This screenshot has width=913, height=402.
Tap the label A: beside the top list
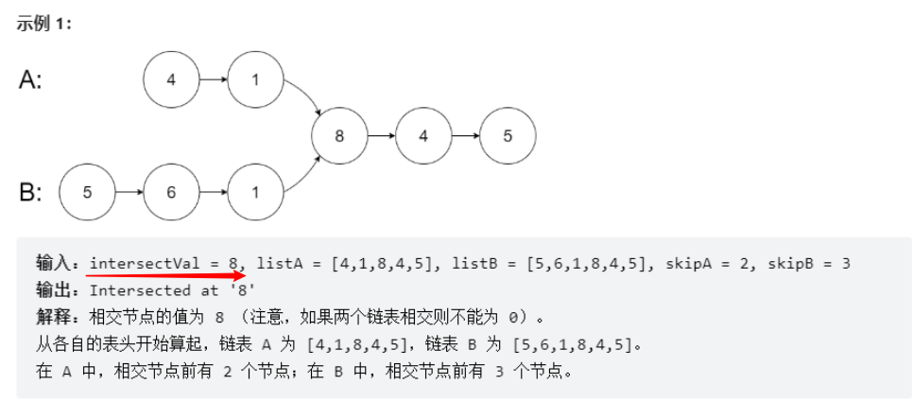click(30, 80)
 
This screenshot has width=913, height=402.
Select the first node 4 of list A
click(170, 79)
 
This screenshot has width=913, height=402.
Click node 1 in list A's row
click(254, 79)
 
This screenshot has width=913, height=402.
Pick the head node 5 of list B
click(87, 192)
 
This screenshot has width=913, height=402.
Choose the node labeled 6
click(170, 192)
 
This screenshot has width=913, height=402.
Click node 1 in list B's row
click(254, 192)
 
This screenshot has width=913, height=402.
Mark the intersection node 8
click(339, 135)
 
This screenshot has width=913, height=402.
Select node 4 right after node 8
click(422, 135)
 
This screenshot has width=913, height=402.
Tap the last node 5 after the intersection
click(507, 135)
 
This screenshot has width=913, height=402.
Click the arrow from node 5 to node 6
click(129, 192)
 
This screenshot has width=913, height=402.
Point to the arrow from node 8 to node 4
click(381, 135)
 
